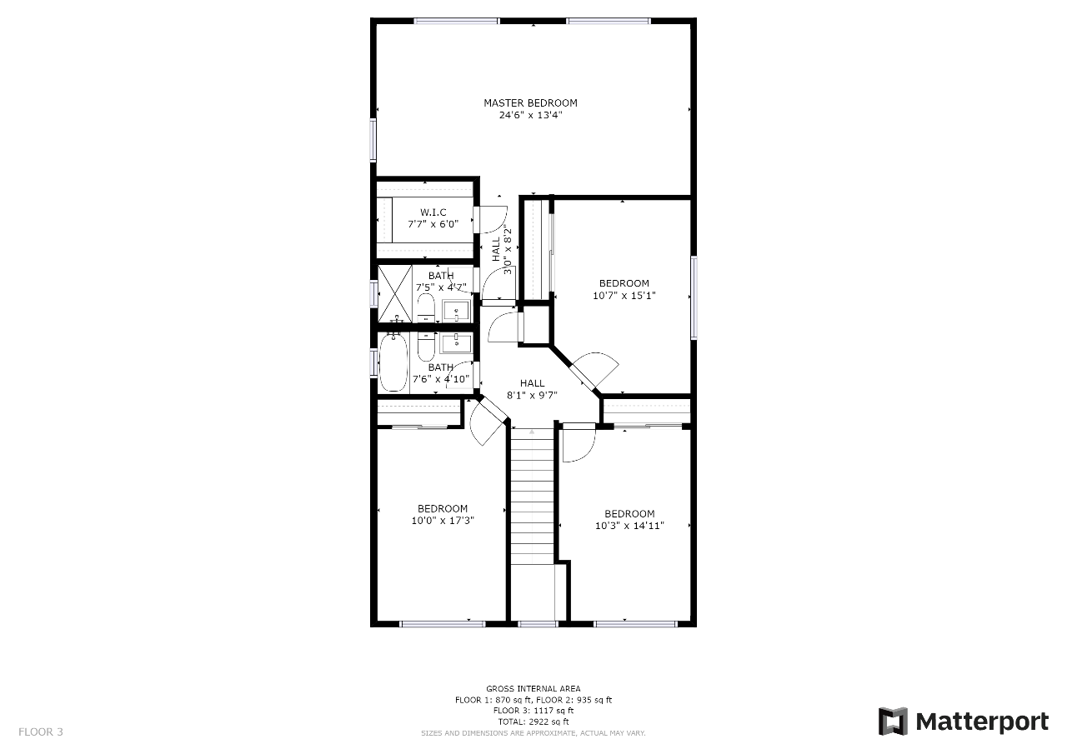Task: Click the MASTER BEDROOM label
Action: pyautogui.click(x=530, y=102)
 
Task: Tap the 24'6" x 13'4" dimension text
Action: pyautogui.click(x=530, y=115)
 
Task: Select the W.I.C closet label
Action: pyautogui.click(x=433, y=212)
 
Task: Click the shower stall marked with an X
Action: pyautogui.click(x=394, y=294)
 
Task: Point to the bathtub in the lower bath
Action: pyautogui.click(x=393, y=362)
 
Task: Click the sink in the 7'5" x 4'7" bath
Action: pyautogui.click(x=456, y=311)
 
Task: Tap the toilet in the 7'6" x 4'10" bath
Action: pyautogui.click(x=426, y=347)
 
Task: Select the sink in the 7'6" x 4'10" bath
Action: pyautogui.click(x=456, y=342)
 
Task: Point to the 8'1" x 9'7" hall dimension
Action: pyautogui.click(x=532, y=395)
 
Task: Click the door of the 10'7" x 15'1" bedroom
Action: pyautogui.click(x=594, y=371)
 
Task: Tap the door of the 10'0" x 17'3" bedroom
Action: pyautogui.click(x=487, y=422)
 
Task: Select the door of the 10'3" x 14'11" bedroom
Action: pyautogui.click(x=579, y=442)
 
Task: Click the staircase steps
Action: pyautogui.click(x=533, y=497)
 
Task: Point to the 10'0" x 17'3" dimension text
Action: pyautogui.click(x=443, y=521)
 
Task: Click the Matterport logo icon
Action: pyautogui.click(x=893, y=722)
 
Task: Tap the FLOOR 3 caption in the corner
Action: pyautogui.click(x=41, y=732)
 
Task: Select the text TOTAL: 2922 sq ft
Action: pyautogui.click(x=533, y=722)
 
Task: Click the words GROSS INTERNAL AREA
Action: pyautogui.click(x=533, y=688)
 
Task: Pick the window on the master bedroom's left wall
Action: pyautogui.click(x=373, y=139)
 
